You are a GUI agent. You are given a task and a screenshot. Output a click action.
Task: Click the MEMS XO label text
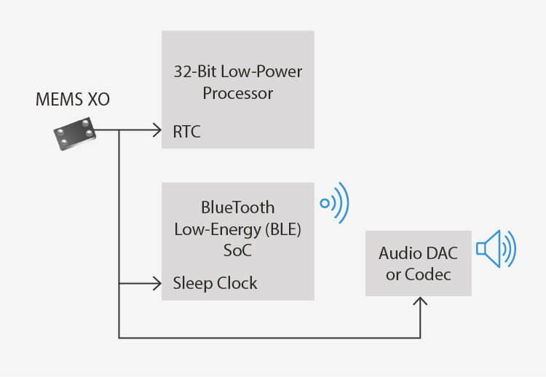pos(73,99)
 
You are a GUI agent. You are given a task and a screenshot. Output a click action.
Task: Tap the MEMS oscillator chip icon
pos(75,134)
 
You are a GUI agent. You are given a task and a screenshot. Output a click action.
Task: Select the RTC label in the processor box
pos(186,132)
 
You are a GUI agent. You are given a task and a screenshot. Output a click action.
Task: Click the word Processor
pos(238,93)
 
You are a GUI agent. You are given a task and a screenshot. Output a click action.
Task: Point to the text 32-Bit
pos(196,72)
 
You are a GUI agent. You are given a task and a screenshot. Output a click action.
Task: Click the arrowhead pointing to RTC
pos(157,130)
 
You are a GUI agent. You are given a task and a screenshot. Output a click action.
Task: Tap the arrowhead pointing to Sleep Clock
pos(157,283)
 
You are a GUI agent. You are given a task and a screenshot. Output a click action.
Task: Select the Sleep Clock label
pos(215,283)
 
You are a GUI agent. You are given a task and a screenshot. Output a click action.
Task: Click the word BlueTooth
pos(238,207)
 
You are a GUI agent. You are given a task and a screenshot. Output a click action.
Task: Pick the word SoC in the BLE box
pos(237,250)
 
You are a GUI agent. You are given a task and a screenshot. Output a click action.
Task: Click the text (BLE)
pos(283,229)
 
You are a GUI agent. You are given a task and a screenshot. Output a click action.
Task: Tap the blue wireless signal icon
pos(335,203)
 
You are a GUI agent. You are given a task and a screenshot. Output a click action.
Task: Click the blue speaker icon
pos(496,249)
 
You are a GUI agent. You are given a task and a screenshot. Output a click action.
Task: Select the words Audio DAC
pos(418,253)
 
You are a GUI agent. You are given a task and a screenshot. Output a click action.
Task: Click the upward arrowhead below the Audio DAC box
pos(420,301)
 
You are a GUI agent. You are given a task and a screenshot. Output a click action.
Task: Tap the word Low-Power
pos(261,72)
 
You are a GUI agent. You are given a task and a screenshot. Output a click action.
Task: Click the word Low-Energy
pos(218,229)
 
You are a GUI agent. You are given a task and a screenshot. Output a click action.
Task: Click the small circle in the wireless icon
pos(325,203)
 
